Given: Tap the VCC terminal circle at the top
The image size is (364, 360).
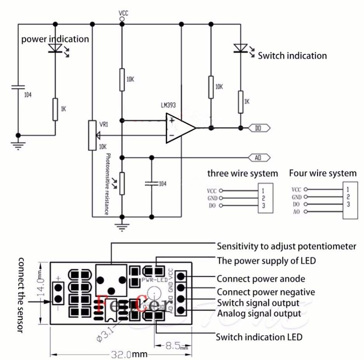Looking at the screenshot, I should pyautogui.click(x=122, y=19).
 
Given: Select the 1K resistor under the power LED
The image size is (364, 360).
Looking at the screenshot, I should pyautogui.click(x=55, y=109).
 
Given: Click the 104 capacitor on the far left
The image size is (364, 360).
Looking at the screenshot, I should pyautogui.click(x=18, y=87).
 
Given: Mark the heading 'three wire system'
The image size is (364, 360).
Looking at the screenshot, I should pyautogui.click(x=242, y=173).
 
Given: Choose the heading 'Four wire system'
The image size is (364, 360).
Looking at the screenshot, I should pyautogui.click(x=322, y=173).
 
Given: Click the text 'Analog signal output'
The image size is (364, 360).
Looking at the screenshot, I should pyautogui.click(x=259, y=313).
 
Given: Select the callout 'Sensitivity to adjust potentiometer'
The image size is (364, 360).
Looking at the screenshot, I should pyautogui.click(x=286, y=246).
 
